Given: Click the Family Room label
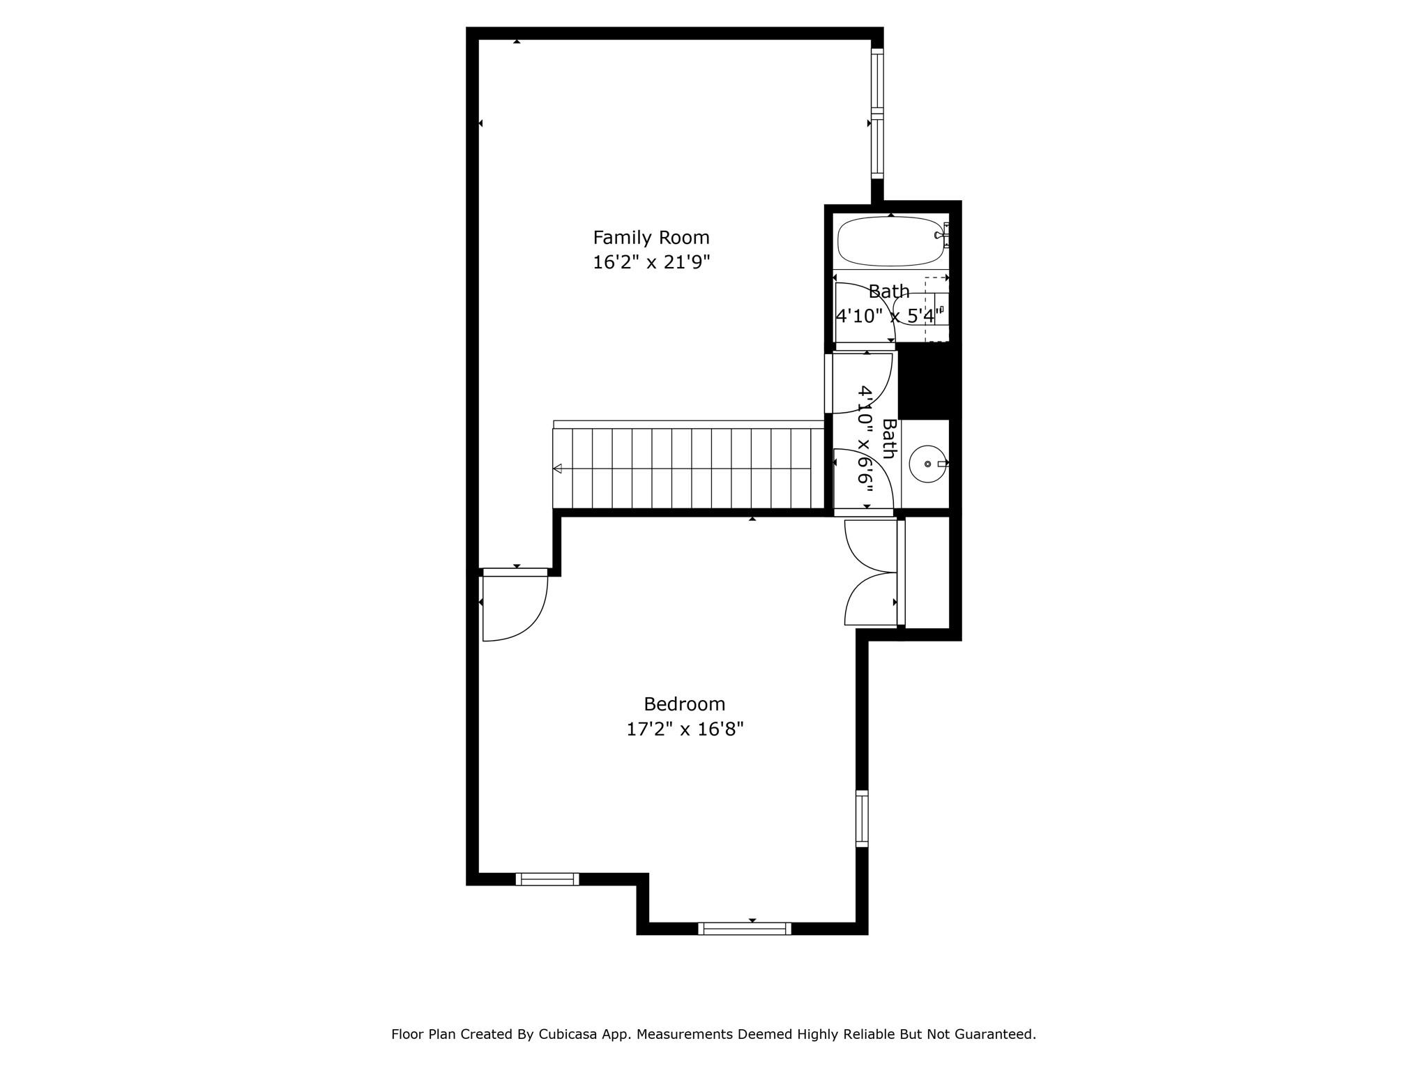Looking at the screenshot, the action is coord(651,238).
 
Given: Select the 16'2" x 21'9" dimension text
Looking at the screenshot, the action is coord(651,263).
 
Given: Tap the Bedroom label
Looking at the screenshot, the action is coord(684,704).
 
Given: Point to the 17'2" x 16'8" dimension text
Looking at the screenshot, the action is coord(685,729).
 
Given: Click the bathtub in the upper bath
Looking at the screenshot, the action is coord(890,241).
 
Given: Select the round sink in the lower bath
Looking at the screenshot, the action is coord(928,464).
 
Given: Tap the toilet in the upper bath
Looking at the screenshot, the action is coord(920,310).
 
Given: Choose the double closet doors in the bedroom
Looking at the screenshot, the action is coord(870,572).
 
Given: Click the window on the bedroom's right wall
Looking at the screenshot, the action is coord(862,819).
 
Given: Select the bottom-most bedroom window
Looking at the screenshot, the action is coord(745,928).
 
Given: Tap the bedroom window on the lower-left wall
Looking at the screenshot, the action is coord(547,879).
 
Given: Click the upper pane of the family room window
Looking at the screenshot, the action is coord(877,81).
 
